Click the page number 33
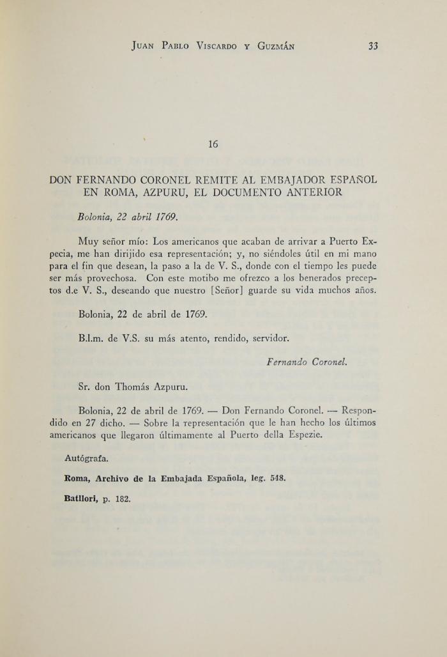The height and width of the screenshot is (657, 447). click(374, 46)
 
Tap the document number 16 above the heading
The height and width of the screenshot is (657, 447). click(213, 144)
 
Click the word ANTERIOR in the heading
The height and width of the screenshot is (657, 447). click(312, 192)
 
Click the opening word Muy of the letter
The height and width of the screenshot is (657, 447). click(87, 242)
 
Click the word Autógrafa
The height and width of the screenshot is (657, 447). click(87, 458)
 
